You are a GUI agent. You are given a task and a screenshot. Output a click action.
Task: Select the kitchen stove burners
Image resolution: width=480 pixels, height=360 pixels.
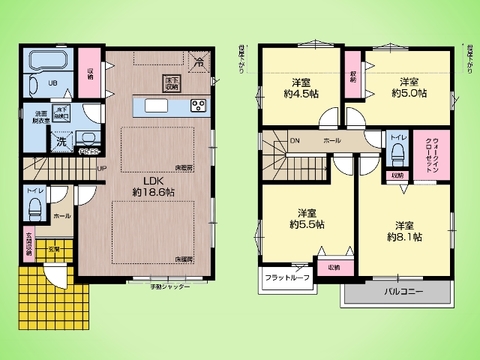point(196,106)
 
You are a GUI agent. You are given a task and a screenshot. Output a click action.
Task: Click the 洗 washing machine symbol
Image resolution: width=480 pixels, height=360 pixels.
point(34,142)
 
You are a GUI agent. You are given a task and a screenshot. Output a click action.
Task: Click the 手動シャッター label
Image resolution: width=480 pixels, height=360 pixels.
point(165,287)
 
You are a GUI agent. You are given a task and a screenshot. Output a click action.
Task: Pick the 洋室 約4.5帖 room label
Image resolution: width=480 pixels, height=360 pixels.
point(302,87)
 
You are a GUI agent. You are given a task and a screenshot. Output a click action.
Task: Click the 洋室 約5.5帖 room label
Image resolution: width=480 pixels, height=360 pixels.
point(308,218)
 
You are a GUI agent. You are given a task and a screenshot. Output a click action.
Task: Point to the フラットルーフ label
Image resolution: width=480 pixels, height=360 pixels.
point(288,278)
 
